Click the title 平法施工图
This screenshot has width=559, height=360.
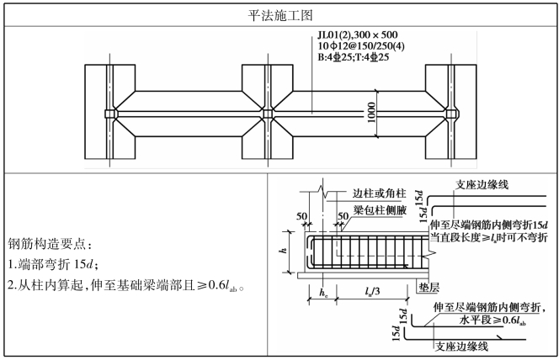coord(279,13)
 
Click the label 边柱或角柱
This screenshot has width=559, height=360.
coord(375,193)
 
